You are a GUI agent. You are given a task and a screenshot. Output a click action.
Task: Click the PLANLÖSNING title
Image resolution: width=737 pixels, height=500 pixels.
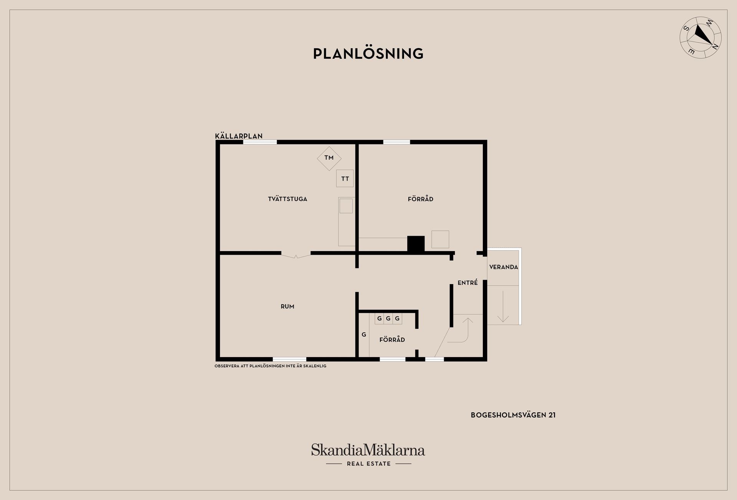pyautogui.click(x=368, y=54)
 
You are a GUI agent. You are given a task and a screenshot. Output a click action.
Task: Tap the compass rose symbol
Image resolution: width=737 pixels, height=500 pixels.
pyautogui.click(x=701, y=38)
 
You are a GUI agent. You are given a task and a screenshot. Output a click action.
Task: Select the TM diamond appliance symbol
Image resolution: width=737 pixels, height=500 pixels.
pyautogui.click(x=329, y=158)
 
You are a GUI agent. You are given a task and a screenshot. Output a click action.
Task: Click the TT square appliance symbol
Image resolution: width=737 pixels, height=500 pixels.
pyautogui.click(x=345, y=179)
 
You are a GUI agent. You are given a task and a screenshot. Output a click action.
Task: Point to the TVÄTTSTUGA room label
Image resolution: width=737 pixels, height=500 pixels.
pyautogui.click(x=288, y=199)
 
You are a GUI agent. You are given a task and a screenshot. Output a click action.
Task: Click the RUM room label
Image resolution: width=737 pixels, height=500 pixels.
pyautogui.click(x=288, y=306)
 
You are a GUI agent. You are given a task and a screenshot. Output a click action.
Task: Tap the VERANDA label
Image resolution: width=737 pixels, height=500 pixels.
pyautogui.click(x=504, y=267)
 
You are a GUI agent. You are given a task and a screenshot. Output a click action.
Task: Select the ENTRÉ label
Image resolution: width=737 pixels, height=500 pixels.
pyautogui.click(x=468, y=283)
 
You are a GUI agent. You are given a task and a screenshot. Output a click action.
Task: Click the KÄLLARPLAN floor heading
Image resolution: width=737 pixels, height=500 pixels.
pyautogui.click(x=239, y=136)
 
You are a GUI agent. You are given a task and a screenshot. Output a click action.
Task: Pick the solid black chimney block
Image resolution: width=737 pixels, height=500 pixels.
pyautogui.click(x=416, y=244)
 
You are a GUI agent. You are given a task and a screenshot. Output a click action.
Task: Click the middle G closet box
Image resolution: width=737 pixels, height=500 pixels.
pyautogui.click(x=388, y=318)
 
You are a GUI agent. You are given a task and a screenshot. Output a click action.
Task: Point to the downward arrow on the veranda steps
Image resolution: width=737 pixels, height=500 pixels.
pyautogui.click(x=503, y=307)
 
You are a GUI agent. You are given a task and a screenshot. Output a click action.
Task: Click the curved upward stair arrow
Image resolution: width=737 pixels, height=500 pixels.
pyautogui.click(x=464, y=330)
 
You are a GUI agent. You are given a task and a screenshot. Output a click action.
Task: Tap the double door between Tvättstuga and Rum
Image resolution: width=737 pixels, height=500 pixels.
pyautogui.click(x=296, y=255)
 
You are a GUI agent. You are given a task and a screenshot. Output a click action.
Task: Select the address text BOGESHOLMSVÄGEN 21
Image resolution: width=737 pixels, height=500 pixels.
pyautogui.click(x=513, y=415)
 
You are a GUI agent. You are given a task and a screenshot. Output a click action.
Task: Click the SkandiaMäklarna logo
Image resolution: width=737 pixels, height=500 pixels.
pyautogui.click(x=368, y=450)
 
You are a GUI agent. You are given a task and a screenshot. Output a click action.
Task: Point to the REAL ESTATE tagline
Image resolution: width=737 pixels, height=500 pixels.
pyautogui.click(x=368, y=464)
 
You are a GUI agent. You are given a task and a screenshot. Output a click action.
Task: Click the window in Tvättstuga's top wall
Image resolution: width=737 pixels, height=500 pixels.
pyautogui.click(x=260, y=142)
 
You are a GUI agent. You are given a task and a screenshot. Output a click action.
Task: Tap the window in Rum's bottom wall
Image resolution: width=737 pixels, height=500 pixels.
pyautogui.click(x=289, y=359)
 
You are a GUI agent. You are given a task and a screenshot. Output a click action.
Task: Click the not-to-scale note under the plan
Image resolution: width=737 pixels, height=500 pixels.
pyautogui.click(x=270, y=366)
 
